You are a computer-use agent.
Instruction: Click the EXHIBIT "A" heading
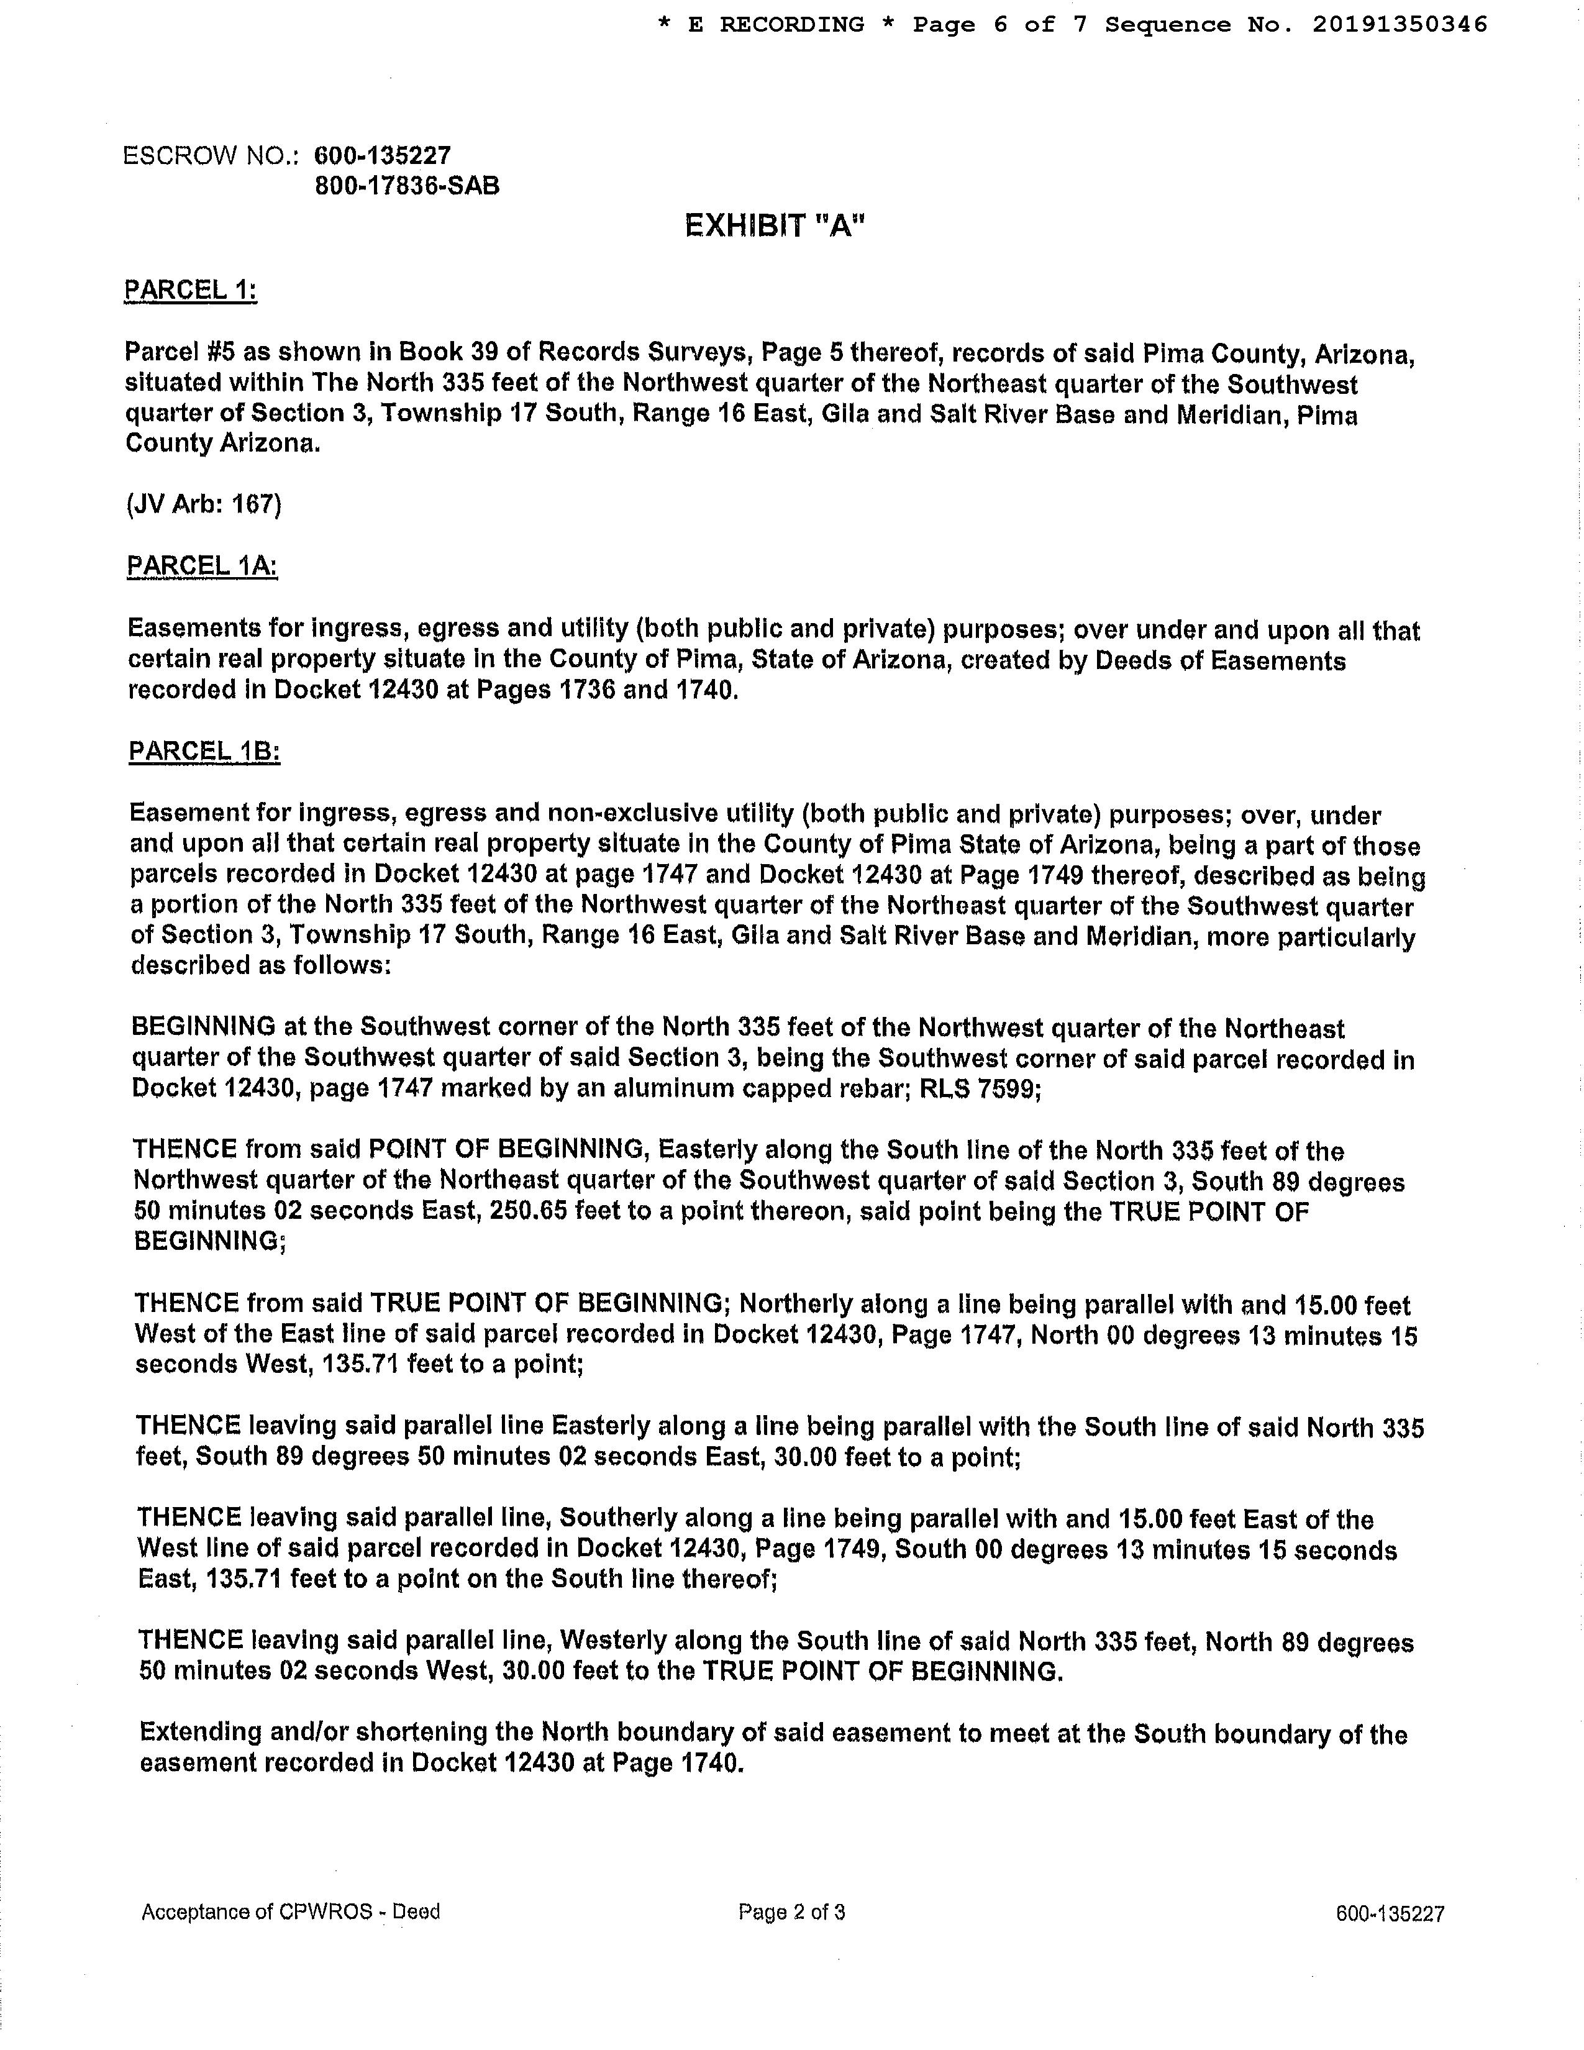tap(773, 226)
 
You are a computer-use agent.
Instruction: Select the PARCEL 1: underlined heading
tap(191, 290)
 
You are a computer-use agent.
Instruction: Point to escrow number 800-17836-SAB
tap(407, 186)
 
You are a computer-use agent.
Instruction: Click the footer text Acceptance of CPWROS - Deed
tap(290, 1912)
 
